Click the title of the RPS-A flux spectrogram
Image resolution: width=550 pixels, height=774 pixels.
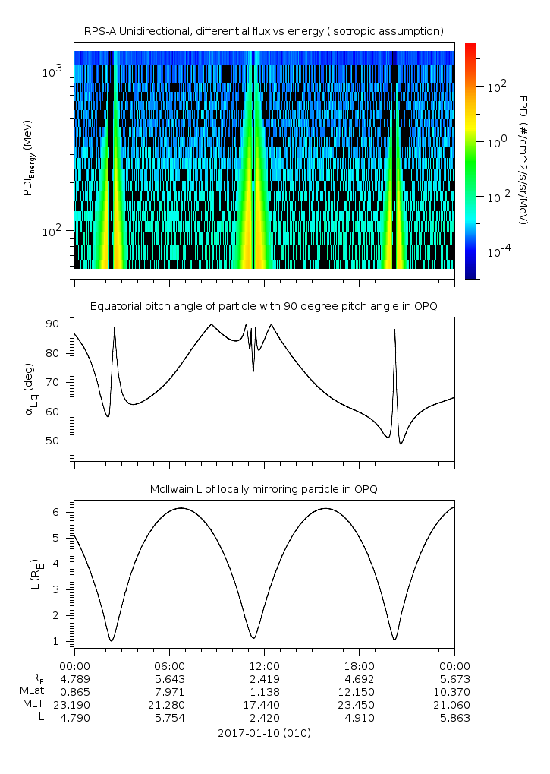264,31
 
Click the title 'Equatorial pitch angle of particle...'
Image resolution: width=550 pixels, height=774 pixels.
264,306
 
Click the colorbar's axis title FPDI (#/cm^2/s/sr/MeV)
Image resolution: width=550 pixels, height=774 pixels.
523,160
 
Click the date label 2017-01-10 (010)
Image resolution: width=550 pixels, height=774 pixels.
264,733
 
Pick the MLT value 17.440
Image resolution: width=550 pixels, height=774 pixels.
264,705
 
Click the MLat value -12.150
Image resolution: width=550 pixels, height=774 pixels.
359,692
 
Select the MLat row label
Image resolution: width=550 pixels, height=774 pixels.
33,692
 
